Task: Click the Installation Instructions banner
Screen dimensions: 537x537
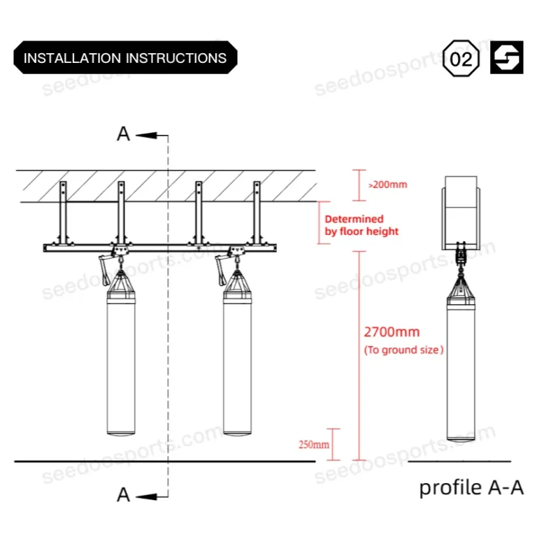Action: [125, 58]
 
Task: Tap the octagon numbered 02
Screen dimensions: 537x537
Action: [461, 59]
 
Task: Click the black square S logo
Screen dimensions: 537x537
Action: [507, 59]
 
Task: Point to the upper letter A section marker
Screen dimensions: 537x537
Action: [124, 134]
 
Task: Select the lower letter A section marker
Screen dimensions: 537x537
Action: [124, 495]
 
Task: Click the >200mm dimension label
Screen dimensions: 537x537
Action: [387, 185]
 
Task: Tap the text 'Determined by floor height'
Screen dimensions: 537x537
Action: [362, 225]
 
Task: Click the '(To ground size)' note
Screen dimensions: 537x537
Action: [404, 350]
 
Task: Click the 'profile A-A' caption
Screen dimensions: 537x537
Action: [471, 487]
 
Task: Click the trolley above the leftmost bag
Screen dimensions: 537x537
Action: [120, 252]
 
